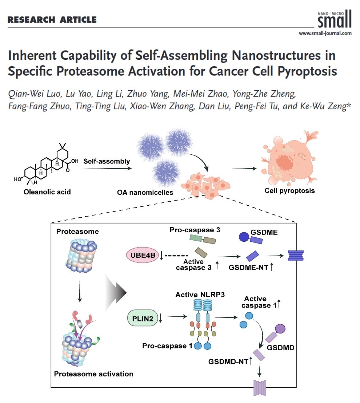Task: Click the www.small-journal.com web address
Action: pyautogui.click(x=325, y=33)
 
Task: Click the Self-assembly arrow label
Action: pyautogui.click(x=106, y=161)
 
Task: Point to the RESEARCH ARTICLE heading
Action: pyautogui.click(x=52, y=20)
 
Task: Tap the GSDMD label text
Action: pyautogui.click(x=280, y=347)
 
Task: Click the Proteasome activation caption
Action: pyautogui.click(x=93, y=374)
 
